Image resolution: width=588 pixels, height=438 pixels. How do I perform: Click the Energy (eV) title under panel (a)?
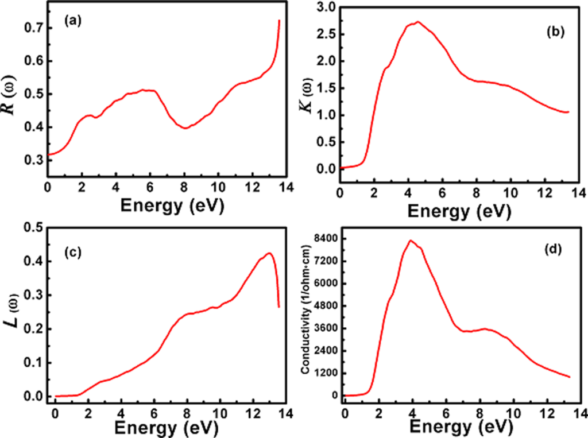click(x=165, y=204)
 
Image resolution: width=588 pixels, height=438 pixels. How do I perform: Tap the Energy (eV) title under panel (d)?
click(x=458, y=428)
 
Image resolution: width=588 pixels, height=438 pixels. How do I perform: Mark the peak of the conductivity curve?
click(x=410, y=241)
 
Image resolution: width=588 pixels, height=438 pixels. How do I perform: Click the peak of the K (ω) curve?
click(x=417, y=22)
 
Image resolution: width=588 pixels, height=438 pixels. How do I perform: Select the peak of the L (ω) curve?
click(x=268, y=253)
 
